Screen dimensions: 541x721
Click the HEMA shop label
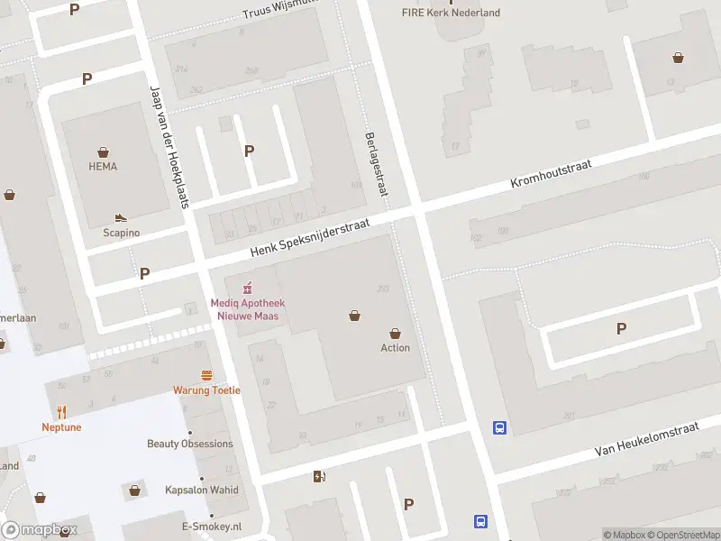(103, 167)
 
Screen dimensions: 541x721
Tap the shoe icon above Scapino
(121, 218)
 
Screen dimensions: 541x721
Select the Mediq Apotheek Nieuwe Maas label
(245, 309)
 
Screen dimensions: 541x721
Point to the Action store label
(395, 348)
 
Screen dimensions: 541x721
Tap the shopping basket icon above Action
(395, 334)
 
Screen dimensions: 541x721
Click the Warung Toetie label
(207, 390)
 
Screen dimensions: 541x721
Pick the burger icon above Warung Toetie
(207, 375)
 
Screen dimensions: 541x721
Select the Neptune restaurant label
(61, 427)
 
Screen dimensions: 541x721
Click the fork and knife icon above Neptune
(61, 412)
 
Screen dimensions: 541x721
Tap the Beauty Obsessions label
(190, 444)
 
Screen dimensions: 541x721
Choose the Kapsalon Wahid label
(202, 491)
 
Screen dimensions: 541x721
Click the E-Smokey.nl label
(212, 527)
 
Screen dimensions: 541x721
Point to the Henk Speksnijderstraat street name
(311, 238)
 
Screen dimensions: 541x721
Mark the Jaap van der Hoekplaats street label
(168, 147)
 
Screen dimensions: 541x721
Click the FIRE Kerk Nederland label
(451, 13)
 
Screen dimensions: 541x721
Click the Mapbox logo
(40, 530)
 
